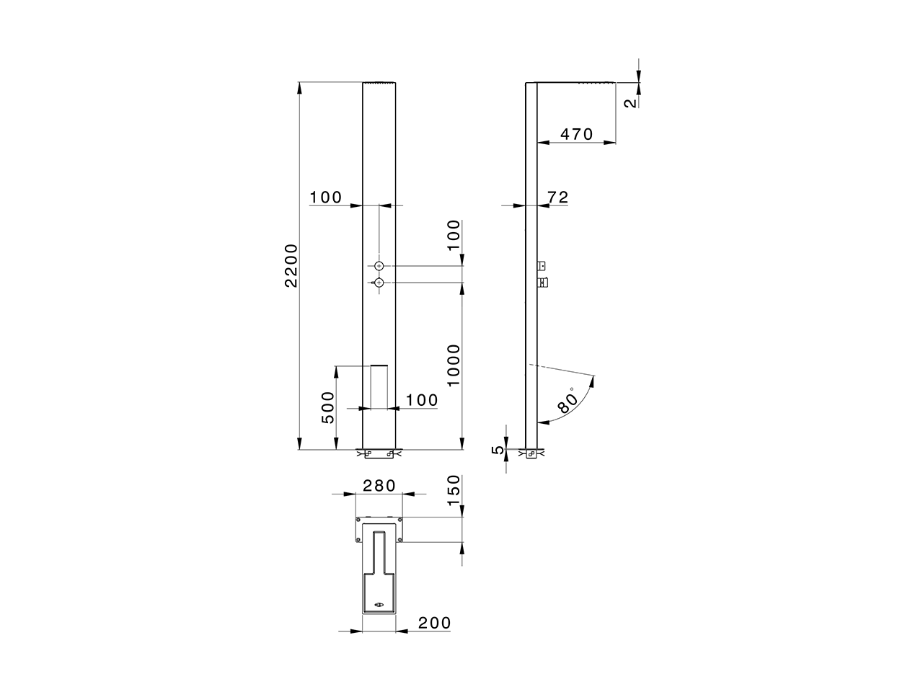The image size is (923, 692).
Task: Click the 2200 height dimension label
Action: click(291, 266)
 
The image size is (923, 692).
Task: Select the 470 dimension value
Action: click(576, 134)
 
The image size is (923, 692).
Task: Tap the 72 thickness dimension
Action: click(558, 197)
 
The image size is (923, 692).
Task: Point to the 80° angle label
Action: click(569, 402)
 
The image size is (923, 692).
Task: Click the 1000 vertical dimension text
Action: click(453, 365)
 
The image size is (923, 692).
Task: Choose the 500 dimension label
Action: click(327, 408)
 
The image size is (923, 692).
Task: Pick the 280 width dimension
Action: click(379, 485)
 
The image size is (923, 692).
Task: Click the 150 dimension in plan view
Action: click(453, 492)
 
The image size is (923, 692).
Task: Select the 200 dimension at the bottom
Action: click(434, 622)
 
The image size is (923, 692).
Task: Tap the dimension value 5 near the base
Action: click(496, 450)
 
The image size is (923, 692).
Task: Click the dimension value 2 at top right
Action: click(630, 102)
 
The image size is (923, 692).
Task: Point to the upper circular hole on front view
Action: click(379, 266)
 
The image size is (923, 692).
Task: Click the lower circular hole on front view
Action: click(379, 283)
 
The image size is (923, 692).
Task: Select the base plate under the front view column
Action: click(379, 454)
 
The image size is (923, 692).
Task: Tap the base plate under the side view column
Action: click(531, 454)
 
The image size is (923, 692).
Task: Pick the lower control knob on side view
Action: click(543, 281)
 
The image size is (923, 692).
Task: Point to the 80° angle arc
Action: click(586, 400)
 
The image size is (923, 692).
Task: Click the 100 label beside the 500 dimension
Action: click(422, 400)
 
